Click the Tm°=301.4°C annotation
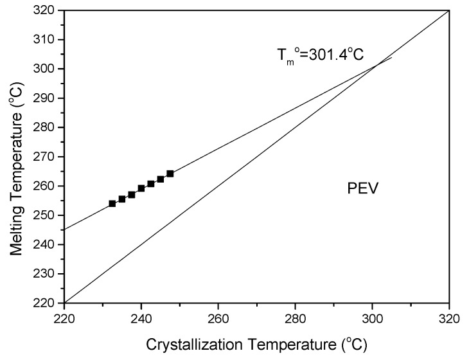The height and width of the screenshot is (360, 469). pyautogui.click(x=319, y=55)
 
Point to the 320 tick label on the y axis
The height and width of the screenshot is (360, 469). pyautogui.click(x=47, y=10)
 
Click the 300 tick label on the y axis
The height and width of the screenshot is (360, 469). pyautogui.click(x=47, y=69)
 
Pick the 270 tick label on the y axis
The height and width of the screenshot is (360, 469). pyautogui.click(x=47, y=157)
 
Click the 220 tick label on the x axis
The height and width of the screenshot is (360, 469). pyautogui.click(x=64, y=318)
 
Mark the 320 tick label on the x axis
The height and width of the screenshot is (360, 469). pyautogui.click(x=449, y=318)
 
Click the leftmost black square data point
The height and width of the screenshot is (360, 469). pyautogui.click(x=112, y=204)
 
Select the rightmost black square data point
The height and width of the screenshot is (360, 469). pyautogui.click(x=170, y=174)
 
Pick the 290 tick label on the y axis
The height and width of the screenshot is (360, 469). pyautogui.click(x=47, y=98)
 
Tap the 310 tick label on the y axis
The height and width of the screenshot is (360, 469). pyautogui.click(x=47, y=40)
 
